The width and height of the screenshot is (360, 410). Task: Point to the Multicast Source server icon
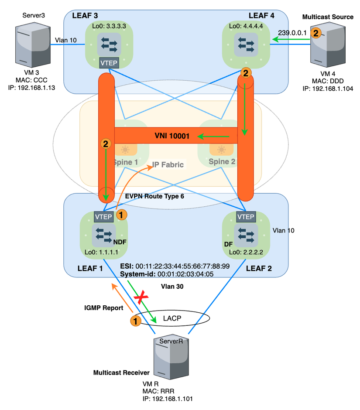point(327,46)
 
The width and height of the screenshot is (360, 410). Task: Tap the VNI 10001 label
point(171,136)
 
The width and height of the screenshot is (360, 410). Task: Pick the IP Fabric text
point(168,165)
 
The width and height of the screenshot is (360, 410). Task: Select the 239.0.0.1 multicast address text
point(291,33)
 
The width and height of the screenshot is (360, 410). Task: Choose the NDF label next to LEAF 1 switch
point(119,241)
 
